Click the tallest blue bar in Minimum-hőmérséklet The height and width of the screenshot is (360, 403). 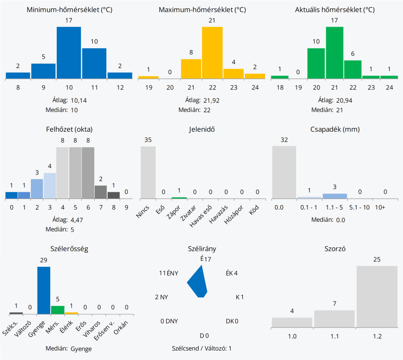69,52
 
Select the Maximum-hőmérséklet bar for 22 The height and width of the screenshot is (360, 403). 212,52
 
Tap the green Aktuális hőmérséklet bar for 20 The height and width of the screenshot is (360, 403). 316,63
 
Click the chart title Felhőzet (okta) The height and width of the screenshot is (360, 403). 69,129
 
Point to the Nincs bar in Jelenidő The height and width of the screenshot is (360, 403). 148,172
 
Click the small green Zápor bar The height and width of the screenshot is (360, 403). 179,198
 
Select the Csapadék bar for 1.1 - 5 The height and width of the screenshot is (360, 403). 335,196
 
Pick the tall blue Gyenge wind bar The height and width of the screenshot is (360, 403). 44,290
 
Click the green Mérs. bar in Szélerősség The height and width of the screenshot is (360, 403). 58,310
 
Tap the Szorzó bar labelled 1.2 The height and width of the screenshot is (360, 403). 377,297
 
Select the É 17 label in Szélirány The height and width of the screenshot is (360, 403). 206,259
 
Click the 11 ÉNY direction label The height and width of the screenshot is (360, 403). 169,273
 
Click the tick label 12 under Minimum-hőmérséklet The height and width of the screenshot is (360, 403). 119,87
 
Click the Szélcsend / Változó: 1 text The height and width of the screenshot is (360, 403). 201,348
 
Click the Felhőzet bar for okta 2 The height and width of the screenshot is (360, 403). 37,188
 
